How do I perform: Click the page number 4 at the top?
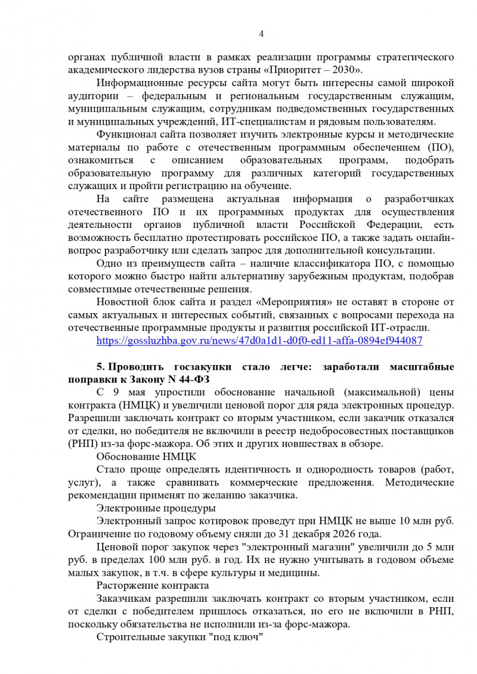click(x=261, y=33)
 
